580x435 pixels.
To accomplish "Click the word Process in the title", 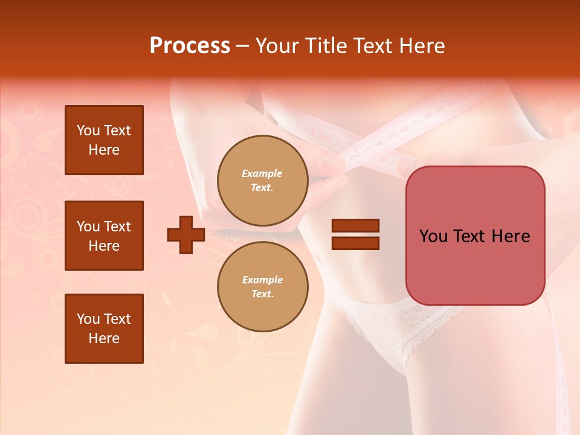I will pos(190,46).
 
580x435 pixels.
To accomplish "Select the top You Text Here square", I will pos(104,140).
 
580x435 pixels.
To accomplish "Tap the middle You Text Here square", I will pos(104,236).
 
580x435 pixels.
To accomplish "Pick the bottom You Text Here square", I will pos(104,329).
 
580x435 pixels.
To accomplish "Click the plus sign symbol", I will pos(186,234).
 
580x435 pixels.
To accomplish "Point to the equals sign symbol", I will pos(355,234).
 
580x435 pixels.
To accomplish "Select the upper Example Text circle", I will pos(262,180).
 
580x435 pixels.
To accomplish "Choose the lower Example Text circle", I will pos(262,286).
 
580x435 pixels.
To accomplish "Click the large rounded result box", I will pos(475,236).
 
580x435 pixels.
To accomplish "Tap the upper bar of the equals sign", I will pos(355,226).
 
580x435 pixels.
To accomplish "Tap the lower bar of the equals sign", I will pos(355,243).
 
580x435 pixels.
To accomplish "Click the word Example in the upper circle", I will pos(262,173).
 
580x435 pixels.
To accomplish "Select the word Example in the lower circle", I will pos(262,280).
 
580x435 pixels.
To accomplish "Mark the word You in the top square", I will pos(88,130).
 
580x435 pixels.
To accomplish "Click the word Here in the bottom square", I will pos(104,338).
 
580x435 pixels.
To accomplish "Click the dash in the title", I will pos(242,46).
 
